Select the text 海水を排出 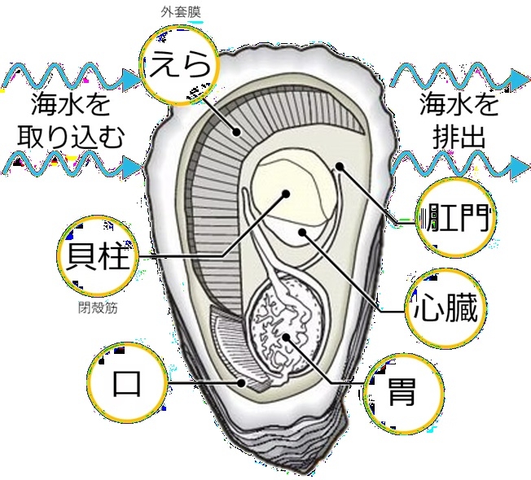coord(458,120)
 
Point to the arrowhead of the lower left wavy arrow coord(132,169)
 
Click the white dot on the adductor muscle coord(286,194)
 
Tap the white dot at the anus coord(339,168)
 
